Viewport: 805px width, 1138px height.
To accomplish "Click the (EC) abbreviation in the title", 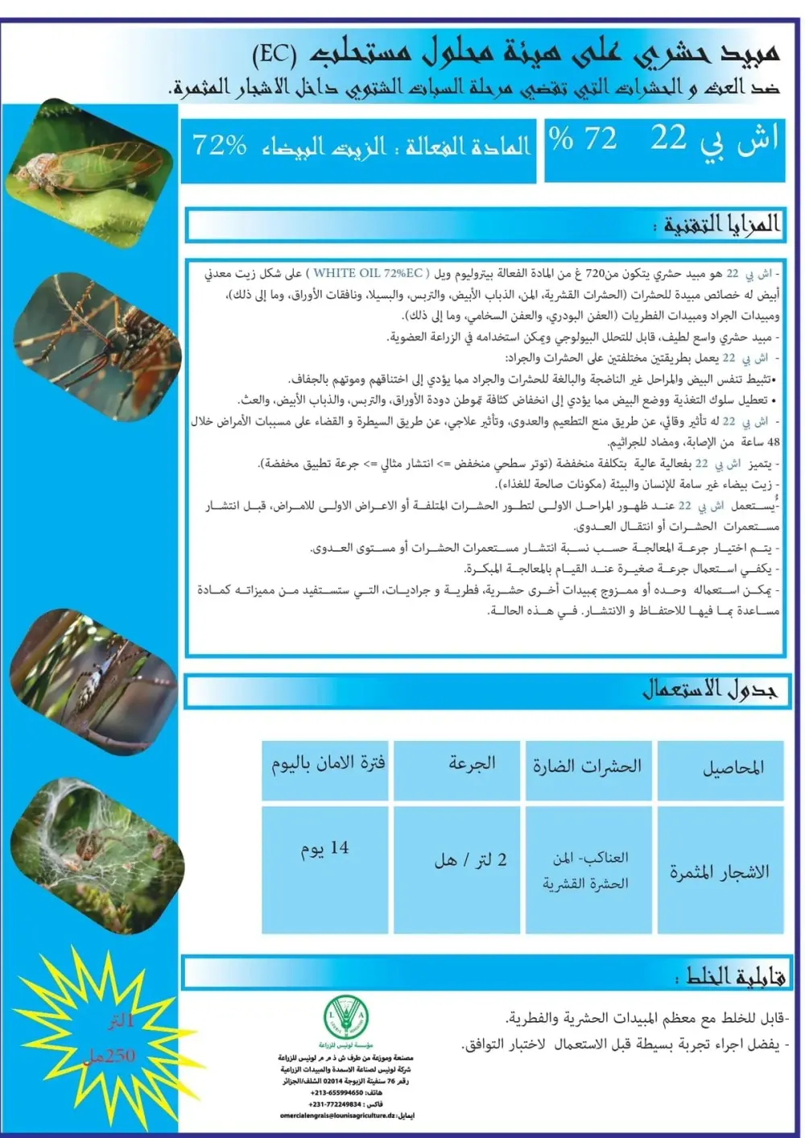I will (274, 54).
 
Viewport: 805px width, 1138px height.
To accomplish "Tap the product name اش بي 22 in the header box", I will (715, 139).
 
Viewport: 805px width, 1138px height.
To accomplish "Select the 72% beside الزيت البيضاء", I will (219, 145).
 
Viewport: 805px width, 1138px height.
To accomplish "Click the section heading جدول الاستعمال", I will (710, 690).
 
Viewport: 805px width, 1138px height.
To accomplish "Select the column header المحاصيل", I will (733, 768).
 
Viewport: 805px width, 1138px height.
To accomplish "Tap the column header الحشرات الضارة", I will (587, 766).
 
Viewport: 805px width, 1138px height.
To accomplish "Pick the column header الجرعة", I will (473, 763).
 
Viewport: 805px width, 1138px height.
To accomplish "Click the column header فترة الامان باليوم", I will (328, 763).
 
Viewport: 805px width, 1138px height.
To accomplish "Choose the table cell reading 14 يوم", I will (325, 849).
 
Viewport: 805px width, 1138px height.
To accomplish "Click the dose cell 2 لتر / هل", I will (471, 860).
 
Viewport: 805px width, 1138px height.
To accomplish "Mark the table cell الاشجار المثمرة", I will (720, 872).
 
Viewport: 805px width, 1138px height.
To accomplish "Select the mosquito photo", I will (97, 338).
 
